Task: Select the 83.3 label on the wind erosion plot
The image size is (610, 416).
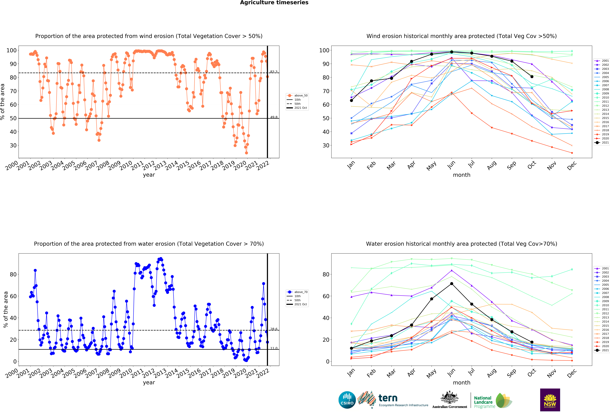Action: [x=274, y=72]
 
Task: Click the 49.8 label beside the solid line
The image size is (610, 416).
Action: [x=274, y=117]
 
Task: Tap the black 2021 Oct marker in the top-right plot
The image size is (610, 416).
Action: [x=532, y=77]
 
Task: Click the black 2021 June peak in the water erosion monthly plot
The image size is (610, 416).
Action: [x=451, y=284]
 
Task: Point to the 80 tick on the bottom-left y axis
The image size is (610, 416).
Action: [x=13, y=274]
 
